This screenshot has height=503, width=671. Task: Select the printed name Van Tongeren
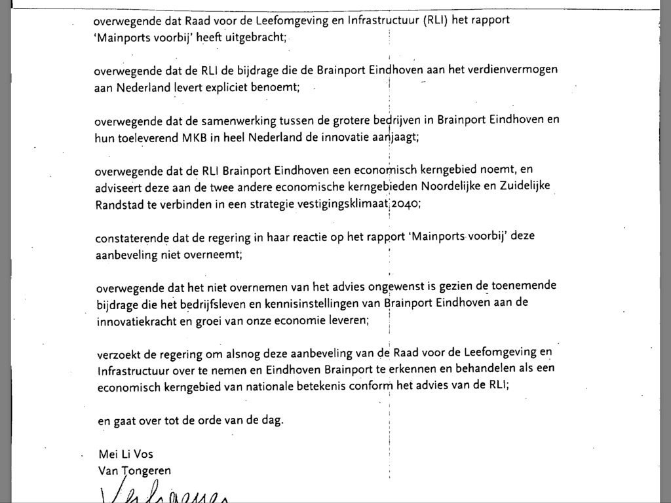[x=134, y=470]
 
